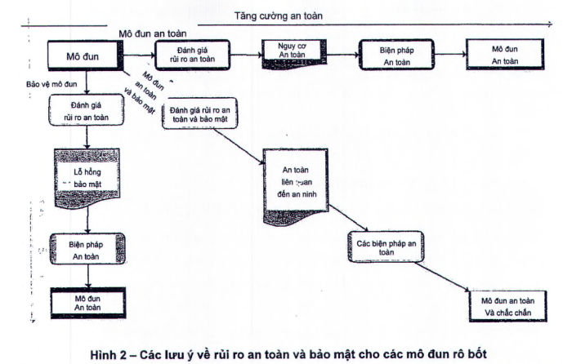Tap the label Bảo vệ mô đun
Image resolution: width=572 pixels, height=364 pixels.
(52, 84)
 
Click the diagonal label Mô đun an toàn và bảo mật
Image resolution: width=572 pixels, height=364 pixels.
(137, 91)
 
